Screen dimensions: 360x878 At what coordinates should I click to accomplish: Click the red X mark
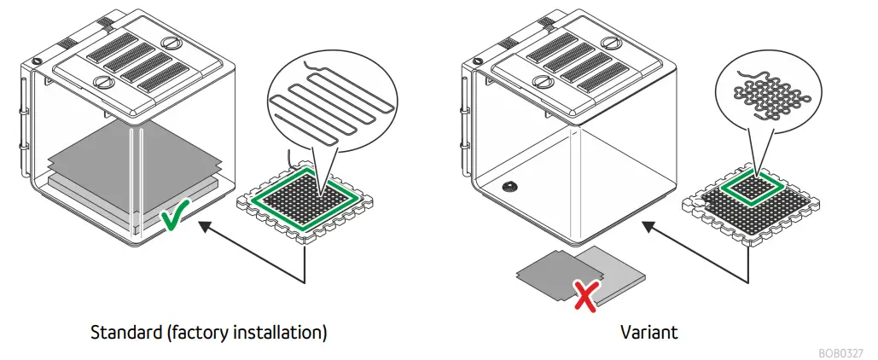click(584, 295)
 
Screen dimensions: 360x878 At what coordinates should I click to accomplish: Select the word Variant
click(648, 332)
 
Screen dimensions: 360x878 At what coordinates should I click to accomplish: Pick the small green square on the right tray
click(754, 189)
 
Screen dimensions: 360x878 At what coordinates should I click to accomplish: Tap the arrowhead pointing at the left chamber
click(205, 226)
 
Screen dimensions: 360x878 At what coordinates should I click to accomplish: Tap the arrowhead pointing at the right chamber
click(649, 226)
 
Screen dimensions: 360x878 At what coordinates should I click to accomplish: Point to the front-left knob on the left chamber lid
click(104, 83)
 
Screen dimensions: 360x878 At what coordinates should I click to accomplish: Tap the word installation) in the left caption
click(278, 332)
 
